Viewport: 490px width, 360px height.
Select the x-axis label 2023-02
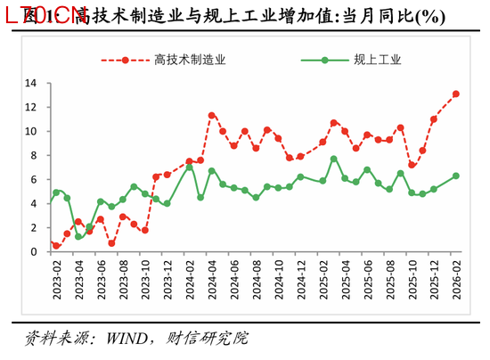click(55, 278)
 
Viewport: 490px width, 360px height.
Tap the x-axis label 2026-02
click(456, 278)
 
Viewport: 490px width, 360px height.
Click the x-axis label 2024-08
click(256, 278)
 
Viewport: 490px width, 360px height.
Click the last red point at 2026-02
click(456, 94)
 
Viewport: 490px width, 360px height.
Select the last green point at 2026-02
click(456, 176)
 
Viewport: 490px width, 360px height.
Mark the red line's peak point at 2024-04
click(211, 115)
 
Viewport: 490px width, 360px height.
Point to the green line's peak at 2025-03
click(334, 159)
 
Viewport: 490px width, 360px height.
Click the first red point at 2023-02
click(55, 245)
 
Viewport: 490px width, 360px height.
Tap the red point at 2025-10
click(412, 165)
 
